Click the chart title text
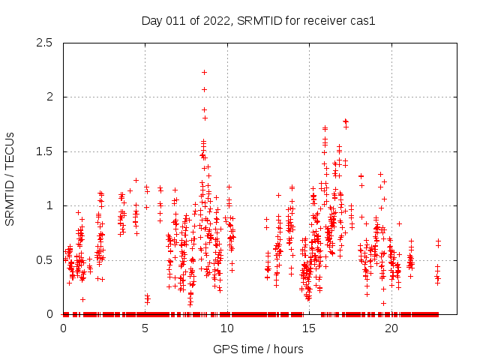[x=258, y=20]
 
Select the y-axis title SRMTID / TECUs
[x=10, y=178]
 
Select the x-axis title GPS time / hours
[x=258, y=349]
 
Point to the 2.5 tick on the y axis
[x=45, y=43]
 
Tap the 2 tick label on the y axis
[x=49, y=97]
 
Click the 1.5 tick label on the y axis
[x=45, y=151]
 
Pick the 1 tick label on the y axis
[x=49, y=205]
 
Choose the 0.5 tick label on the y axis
[x=45, y=260]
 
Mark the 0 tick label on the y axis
[x=49, y=314]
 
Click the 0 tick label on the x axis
[x=63, y=328]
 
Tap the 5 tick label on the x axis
[x=145, y=328]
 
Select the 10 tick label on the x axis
[x=227, y=328]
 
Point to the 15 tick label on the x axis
[x=310, y=328]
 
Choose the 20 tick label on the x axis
[x=391, y=328]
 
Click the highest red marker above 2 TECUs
[x=204, y=72]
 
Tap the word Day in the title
[x=151, y=20]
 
